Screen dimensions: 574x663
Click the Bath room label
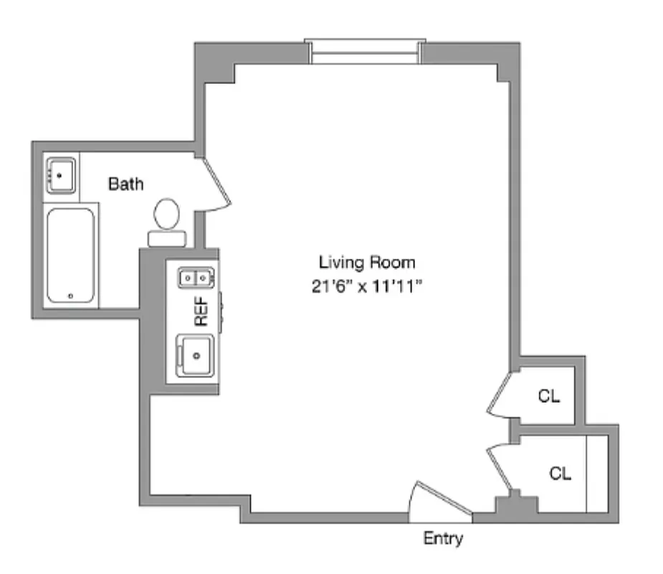(125, 184)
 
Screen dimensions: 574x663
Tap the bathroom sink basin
(61, 174)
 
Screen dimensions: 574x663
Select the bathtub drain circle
(70, 296)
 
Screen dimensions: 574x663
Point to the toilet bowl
(168, 213)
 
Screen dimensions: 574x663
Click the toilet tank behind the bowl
(168, 238)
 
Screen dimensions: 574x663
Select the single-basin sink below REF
(194, 354)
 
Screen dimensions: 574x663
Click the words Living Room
(366, 262)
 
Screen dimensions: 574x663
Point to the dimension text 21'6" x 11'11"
(366, 286)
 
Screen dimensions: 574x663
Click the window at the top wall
(365, 52)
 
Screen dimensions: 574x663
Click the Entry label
(443, 538)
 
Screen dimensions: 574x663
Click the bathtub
(70, 255)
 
